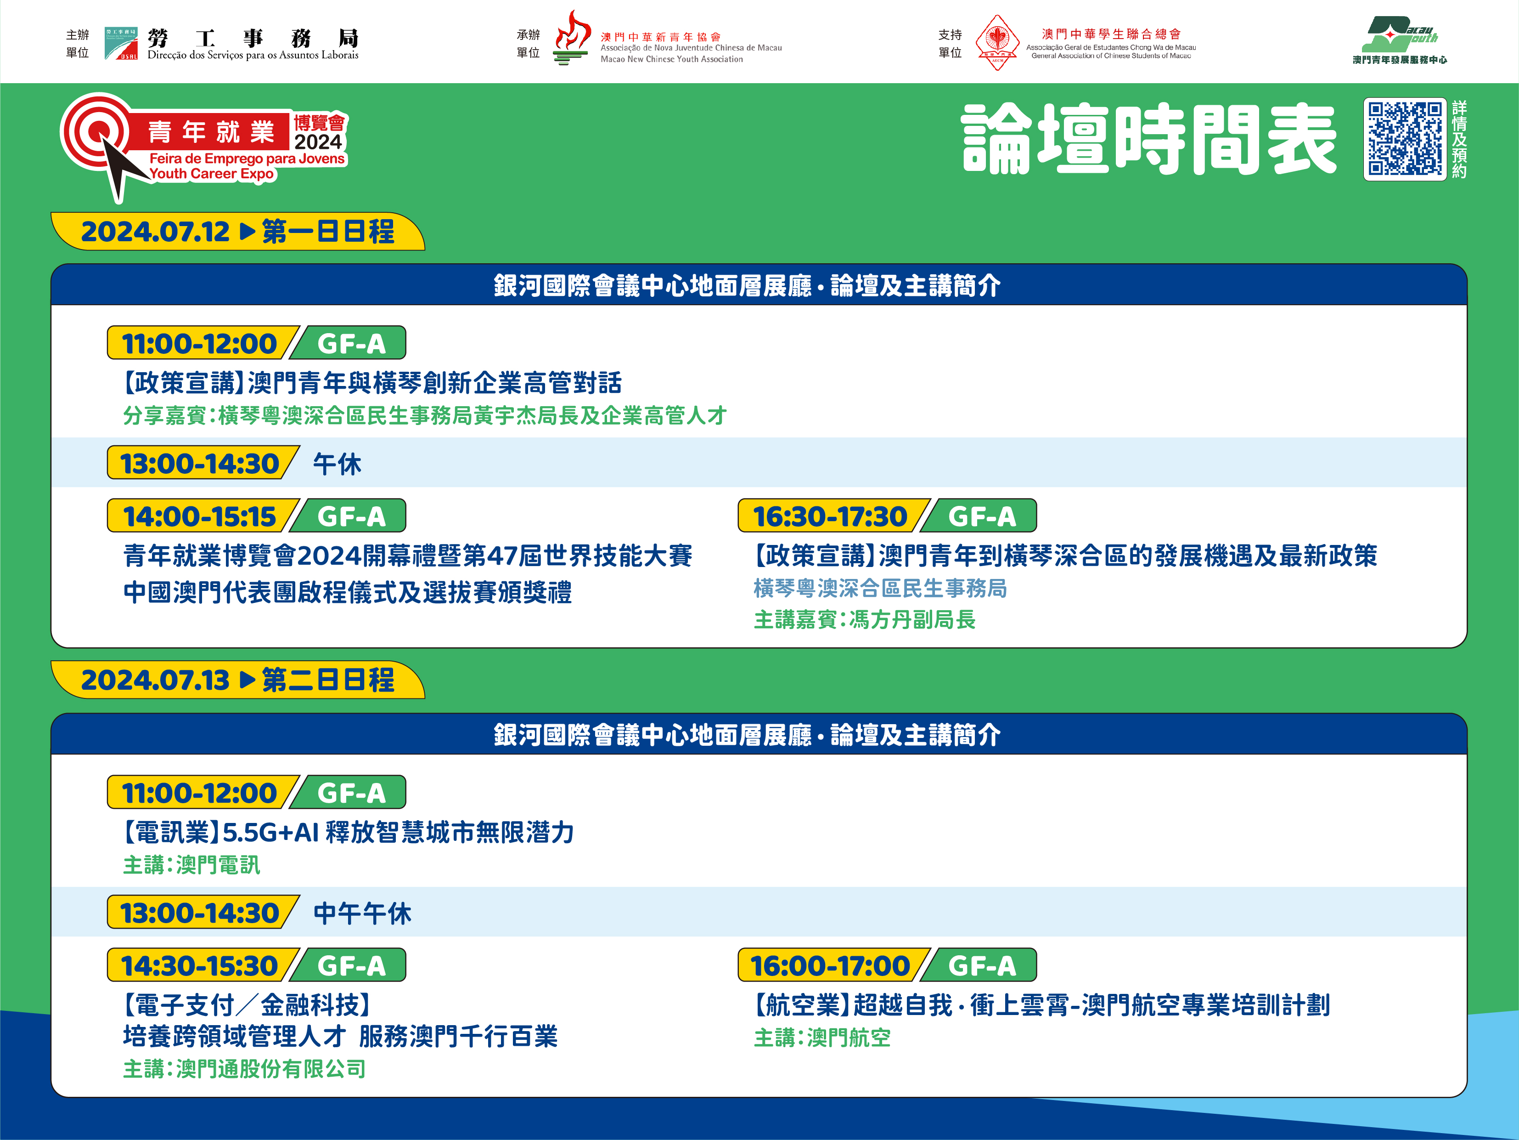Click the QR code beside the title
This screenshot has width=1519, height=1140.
1405,139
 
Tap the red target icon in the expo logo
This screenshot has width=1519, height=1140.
96,130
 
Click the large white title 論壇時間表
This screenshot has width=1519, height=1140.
1149,139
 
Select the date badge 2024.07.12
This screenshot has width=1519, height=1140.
155,232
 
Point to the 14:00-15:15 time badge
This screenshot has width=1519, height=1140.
200,516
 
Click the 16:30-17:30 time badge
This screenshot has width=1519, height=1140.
830,516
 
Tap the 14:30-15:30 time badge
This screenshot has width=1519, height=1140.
200,965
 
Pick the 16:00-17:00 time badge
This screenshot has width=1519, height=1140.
830,965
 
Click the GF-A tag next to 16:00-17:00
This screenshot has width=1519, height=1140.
981,965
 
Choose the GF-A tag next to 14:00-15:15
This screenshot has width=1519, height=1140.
350,516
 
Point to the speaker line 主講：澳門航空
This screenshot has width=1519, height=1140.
822,1038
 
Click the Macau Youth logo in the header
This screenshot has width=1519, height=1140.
1400,40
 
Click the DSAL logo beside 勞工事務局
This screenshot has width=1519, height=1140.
121,43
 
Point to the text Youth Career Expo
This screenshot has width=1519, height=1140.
212,174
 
